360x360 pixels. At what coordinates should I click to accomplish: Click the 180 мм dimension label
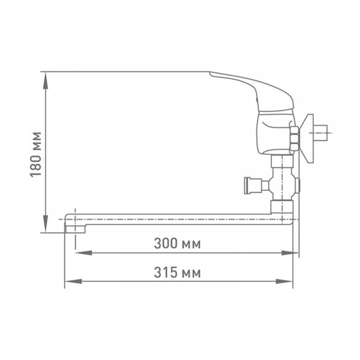coord(35,154)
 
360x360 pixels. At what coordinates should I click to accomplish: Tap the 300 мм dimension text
coord(177,244)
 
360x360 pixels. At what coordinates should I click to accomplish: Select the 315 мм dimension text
coord(177,272)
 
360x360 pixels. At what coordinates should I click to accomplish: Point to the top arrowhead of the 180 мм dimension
coord(46,80)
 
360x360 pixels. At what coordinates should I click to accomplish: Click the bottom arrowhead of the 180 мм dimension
coord(46,224)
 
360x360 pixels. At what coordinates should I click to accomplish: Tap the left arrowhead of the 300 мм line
coord(83,253)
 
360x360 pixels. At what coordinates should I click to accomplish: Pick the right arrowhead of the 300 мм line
coord(290,253)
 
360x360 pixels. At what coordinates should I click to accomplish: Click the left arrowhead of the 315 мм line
coord(73,281)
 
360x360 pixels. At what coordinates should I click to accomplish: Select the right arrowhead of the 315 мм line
coord(284,281)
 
